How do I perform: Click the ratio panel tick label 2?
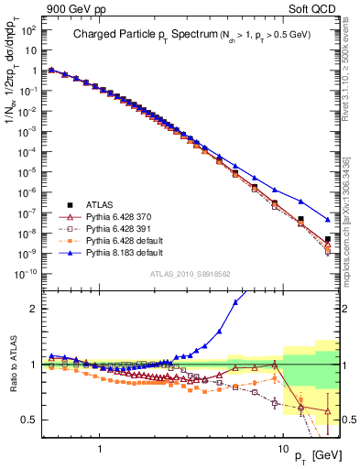(x=32, y=309)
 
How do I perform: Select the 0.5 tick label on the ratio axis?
(x=29, y=420)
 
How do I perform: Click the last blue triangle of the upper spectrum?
(x=328, y=220)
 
